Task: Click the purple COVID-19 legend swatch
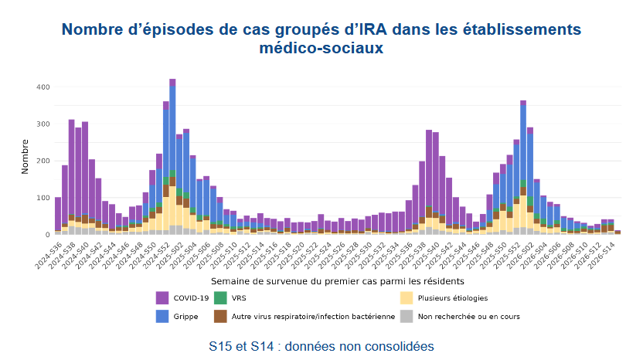[x=162, y=297]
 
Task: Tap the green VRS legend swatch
[x=220, y=297]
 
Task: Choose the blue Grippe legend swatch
[x=162, y=316]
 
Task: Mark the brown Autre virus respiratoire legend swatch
[x=220, y=316]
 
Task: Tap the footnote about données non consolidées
[x=321, y=345]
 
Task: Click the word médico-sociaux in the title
[x=321, y=49]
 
